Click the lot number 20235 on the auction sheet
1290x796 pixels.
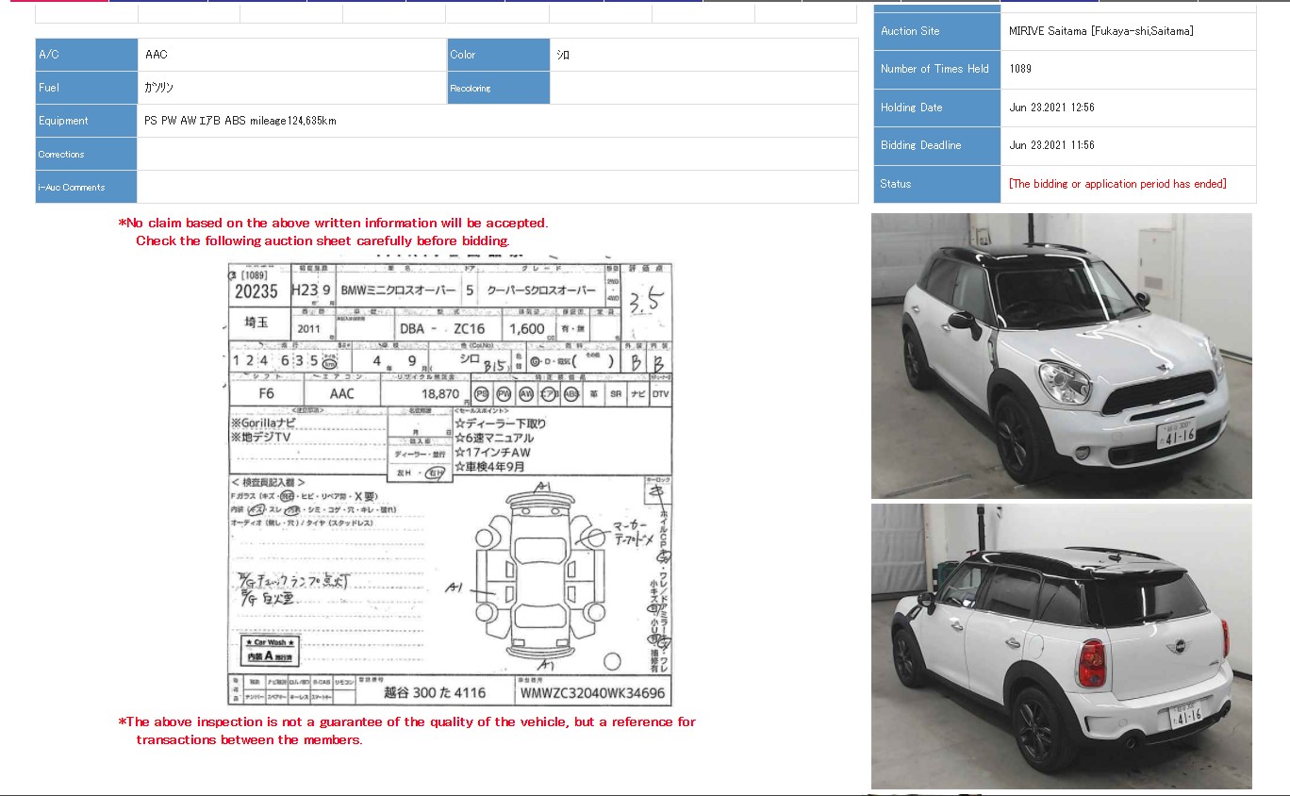(x=256, y=292)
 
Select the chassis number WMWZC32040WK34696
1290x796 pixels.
(x=591, y=693)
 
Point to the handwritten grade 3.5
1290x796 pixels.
(x=647, y=302)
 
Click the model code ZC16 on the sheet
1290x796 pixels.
(x=469, y=329)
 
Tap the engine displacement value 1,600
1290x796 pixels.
(x=527, y=329)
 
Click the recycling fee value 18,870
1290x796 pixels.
(x=439, y=394)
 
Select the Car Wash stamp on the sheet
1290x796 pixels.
(x=269, y=650)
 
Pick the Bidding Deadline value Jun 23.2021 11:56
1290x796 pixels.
(x=1051, y=145)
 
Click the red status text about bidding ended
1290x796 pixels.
(x=1117, y=184)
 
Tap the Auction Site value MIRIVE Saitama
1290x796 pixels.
(x=1100, y=31)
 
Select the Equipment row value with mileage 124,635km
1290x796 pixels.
(x=240, y=121)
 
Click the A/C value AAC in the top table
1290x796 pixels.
(x=157, y=55)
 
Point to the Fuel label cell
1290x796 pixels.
(x=86, y=88)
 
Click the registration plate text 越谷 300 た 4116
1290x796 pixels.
(x=434, y=693)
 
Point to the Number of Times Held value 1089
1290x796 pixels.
(x=1020, y=69)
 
